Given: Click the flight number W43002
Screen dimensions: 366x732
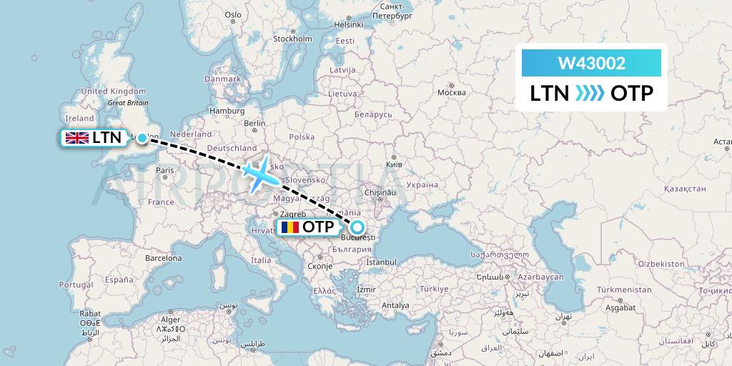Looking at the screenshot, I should tap(591, 64).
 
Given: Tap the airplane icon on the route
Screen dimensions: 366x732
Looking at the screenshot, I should tap(259, 172).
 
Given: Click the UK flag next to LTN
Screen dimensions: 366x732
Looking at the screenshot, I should tap(76, 138).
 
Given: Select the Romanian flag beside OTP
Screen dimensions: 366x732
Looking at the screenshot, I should tap(289, 227).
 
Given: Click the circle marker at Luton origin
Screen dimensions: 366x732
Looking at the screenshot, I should tap(142, 138).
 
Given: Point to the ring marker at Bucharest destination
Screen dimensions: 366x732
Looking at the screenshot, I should tap(357, 227).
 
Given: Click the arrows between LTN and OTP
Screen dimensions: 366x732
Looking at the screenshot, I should tap(590, 94).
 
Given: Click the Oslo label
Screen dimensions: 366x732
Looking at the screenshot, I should tap(233, 14).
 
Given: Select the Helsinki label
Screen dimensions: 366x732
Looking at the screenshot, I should tap(349, 24).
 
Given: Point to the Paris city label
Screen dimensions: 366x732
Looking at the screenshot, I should tap(165, 170).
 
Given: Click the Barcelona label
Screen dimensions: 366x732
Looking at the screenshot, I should tap(164, 257).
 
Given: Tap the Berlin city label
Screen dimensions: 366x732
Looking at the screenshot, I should tap(254, 123).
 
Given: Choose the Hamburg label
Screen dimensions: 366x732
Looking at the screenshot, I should tap(227, 111).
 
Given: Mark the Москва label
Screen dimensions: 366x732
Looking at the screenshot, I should tap(451, 93).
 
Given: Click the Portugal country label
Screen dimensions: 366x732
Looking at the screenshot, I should tap(76, 284).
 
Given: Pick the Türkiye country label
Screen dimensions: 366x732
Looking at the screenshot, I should tap(433, 289).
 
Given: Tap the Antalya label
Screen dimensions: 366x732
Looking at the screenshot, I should tap(395, 305).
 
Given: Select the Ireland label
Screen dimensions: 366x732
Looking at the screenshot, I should tap(79, 118).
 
